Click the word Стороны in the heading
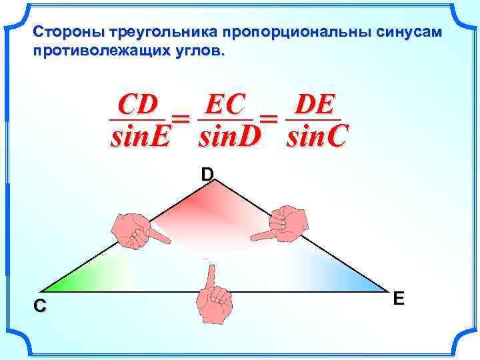(60, 31)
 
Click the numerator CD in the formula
(137, 105)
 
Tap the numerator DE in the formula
(313, 105)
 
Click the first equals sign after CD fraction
(181, 120)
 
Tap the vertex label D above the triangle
(207, 175)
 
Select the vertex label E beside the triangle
(399, 298)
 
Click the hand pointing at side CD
(135, 229)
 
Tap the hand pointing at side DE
(279, 223)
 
